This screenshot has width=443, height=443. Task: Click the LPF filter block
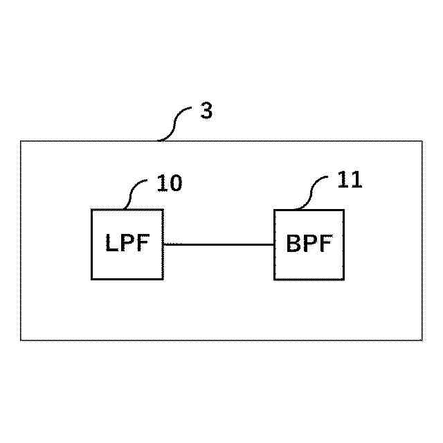click(x=127, y=244)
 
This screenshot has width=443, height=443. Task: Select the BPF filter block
click(x=309, y=244)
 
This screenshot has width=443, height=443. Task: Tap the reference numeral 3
click(x=206, y=112)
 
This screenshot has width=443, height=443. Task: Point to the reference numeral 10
click(x=170, y=183)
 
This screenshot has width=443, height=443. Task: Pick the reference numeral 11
click(x=350, y=181)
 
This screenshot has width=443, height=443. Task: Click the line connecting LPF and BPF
click(x=219, y=244)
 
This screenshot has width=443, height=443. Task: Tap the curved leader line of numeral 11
click(x=315, y=191)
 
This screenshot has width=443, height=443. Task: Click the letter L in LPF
click(x=112, y=244)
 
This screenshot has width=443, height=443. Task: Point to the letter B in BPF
click(x=293, y=244)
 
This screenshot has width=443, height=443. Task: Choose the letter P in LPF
click(x=127, y=244)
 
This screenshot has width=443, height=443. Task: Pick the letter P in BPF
click(x=309, y=244)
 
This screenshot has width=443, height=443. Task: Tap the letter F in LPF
click(x=142, y=244)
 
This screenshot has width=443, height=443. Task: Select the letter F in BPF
click(x=325, y=244)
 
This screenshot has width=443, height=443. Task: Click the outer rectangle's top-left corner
click(x=21, y=141)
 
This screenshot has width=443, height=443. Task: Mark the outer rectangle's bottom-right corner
click(x=422, y=340)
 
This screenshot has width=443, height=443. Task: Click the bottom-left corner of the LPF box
click(x=92, y=279)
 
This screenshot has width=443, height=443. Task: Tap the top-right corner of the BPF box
click(x=343, y=210)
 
